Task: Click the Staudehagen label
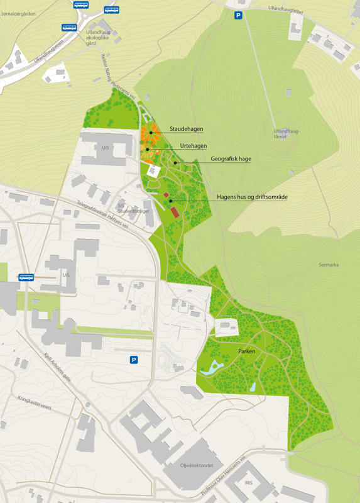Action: pos(186,129)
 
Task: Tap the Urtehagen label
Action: pos(194,146)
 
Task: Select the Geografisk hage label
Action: pos(231,159)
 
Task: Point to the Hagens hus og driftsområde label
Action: pos(252,197)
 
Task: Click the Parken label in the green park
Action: pos(246,351)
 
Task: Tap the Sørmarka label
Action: pos(329,265)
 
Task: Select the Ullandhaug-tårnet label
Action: pos(286,134)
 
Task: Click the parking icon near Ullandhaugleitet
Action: pos(238,15)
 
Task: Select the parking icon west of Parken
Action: pos(133,360)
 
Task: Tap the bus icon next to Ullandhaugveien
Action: pos(69,28)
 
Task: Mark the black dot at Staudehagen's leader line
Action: pos(151,133)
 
